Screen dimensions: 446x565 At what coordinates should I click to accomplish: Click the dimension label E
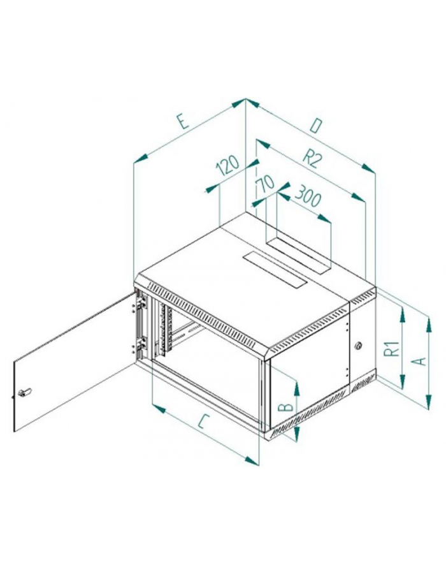point(183,121)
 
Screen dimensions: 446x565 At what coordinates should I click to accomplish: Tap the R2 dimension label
point(311,159)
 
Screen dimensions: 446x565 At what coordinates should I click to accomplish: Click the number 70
point(266,184)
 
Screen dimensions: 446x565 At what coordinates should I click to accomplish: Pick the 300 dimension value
point(307,196)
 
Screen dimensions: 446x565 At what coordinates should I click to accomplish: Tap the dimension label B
point(286,407)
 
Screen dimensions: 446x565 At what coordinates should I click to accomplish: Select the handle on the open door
point(25,392)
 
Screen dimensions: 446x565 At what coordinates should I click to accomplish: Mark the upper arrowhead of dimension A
point(428,323)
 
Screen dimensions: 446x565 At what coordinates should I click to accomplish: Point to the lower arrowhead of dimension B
point(296,434)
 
